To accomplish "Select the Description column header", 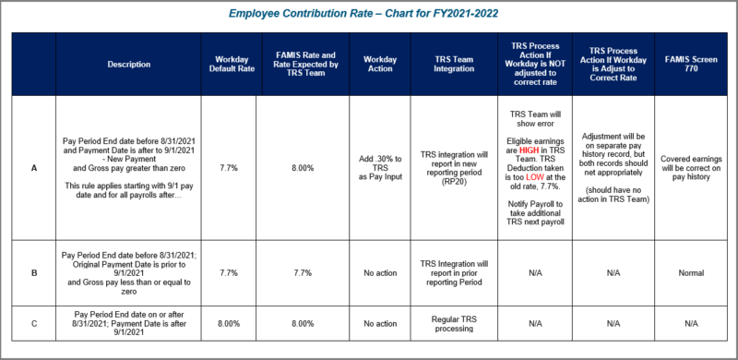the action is (128, 65).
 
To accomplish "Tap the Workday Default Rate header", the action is (235, 65).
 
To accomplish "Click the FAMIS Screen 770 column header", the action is (691, 65).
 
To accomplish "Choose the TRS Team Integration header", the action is (453, 65).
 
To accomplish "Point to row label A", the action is (34, 168).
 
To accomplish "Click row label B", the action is (34, 273).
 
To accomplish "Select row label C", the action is (34, 324).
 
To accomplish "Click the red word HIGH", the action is (529, 150).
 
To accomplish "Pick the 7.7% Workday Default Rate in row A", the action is (229, 168).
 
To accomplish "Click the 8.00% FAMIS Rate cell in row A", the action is (303, 168).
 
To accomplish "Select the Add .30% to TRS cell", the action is (380, 168).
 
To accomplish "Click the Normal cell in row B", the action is (691, 273).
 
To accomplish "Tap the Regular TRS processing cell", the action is (453, 324).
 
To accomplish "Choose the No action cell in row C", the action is (380, 324).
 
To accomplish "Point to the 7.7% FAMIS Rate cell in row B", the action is (303, 273).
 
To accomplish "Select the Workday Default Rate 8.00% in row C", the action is (229, 324).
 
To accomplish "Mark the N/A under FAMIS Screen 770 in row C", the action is (691, 324).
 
